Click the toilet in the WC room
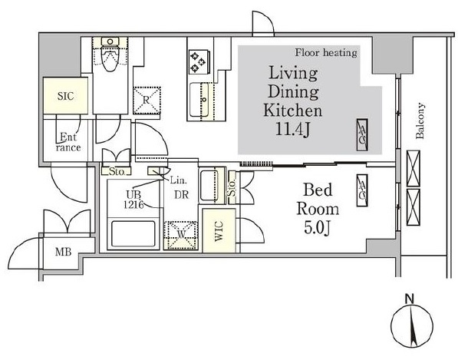pyautogui.click(x=110, y=55)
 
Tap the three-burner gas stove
pyautogui.click(x=199, y=62)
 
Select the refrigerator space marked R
pyautogui.click(x=147, y=101)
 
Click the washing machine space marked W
pyautogui.click(x=181, y=235)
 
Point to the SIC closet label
pyautogui.click(x=65, y=96)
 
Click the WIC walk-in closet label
pyautogui.click(x=219, y=231)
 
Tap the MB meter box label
pyautogui.click(x=64, y=252)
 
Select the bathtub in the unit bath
pyautogui.click(x=133, y=234)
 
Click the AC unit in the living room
pyautogui.click(x=362, y=135)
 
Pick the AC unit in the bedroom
pyautogui.click(x=362, y=190)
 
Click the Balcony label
pyautogui.click(x=420, y=121)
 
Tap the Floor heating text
pyautogui.click(x=326, y=53)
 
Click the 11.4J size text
pyautogui.click(x=292, y=130)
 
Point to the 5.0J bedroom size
pyautogui.click(x=318, y=228)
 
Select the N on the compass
pyautogui.click(x=410, y=299)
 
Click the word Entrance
pyautogui.click(x=68, y=142)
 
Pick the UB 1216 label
pyautogui.click(x=133, y=200)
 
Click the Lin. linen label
pyautogui.click(x=178, y=180)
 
